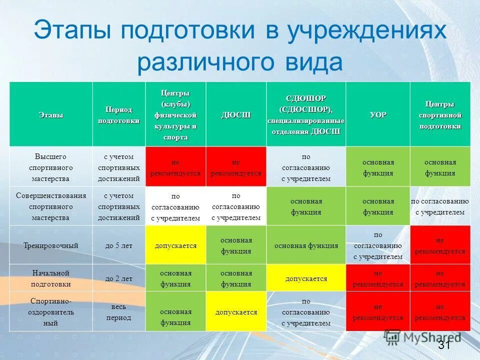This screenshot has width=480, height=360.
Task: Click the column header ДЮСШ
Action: click(x=236, y=115)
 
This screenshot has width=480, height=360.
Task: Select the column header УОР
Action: click(x=378, y=115)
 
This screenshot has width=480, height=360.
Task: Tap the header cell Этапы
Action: click(x=51, y=115)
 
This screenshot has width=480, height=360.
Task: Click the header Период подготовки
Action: click(x=118, y=115)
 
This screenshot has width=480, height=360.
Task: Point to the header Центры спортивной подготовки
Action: click(x=440, y=115)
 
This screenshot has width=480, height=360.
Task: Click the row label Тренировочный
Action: click(x=51, y=245)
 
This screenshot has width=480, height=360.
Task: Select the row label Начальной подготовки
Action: click(x=51, y=278)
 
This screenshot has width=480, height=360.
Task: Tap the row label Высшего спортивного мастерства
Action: click(x=51, y=167)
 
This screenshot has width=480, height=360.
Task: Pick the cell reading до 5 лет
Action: click(x=118, y=245)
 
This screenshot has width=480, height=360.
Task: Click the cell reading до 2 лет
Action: click(x=118, y=278)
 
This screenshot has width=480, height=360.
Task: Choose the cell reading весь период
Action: click(x=118, y=311)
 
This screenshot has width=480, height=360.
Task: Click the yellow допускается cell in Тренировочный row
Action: click(x=175, y=245)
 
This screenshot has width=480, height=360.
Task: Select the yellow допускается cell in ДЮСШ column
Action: click(x=236, y=312)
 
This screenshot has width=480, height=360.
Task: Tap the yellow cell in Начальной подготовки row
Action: click(x=306, y=278)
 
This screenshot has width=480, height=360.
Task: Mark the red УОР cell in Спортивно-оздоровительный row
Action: click(x=378, y=312)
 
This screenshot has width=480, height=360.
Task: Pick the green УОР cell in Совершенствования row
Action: click(x=378, y=206)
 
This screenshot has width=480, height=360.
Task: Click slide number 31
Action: click(x=444, y=345)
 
